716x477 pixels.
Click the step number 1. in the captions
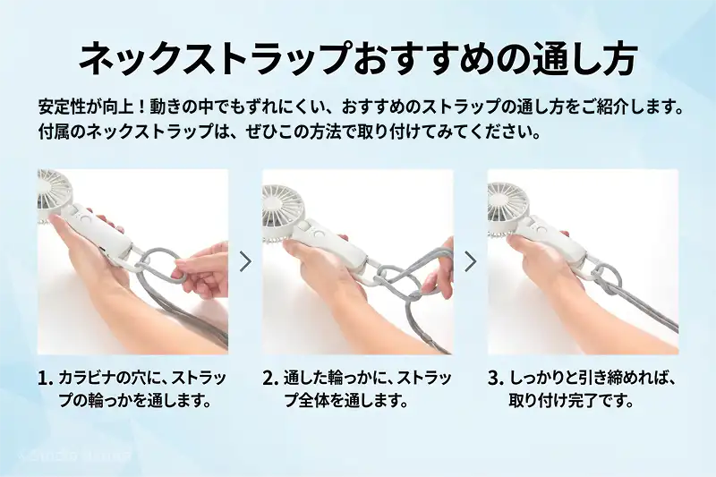[46, 379]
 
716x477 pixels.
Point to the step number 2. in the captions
[270, 379]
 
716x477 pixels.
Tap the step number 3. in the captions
[496, 379]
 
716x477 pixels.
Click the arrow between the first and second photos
[245, 261]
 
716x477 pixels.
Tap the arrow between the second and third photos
[470, 261]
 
